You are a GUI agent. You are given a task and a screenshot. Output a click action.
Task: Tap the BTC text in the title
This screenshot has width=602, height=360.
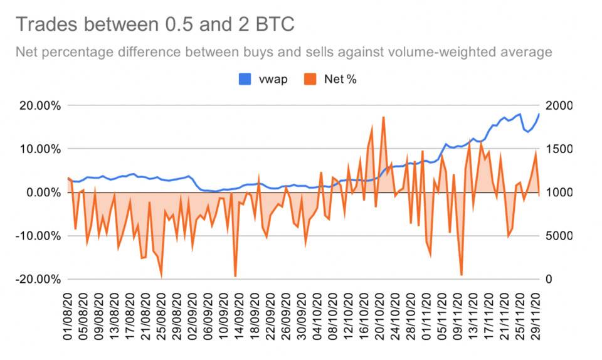click(270, 24)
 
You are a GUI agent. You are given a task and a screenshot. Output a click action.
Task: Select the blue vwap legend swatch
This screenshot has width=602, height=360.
click(246, 79)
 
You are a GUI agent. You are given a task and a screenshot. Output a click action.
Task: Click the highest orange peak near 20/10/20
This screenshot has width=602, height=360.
click(383, 117)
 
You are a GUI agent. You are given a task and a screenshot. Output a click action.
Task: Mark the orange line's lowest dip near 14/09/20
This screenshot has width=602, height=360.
click(235, 276)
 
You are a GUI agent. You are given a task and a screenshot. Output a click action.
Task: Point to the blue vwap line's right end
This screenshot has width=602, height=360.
click(539, 114)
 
